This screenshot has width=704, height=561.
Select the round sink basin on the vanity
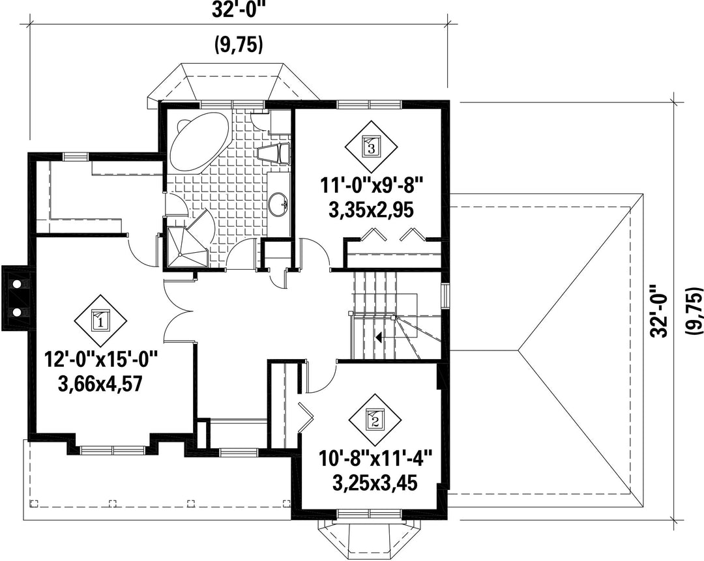pos(278,205)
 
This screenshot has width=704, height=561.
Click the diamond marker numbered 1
pos(100,321)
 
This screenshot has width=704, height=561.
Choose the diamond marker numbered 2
pos(375,420)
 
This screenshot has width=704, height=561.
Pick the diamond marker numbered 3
pos(371,147)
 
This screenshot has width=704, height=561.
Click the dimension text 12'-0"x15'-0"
pos(101,361)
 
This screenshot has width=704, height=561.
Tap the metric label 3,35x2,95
pos(371,210)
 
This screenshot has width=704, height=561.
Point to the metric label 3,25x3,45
pos(375,484)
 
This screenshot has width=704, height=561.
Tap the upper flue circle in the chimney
pos(17,284)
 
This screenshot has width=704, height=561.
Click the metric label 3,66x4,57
pos(100,384)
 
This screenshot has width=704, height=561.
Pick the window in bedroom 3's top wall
pos(369,104)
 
